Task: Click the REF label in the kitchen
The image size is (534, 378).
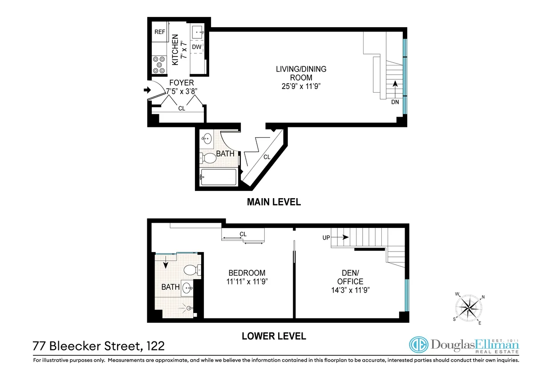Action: click(160, 32)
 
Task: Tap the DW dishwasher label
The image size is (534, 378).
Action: click(197, 47)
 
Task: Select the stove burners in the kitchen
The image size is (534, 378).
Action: click(158, 65)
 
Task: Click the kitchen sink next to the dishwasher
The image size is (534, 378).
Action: click(198, 32)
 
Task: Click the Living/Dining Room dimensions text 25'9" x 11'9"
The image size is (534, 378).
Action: click(301, 86)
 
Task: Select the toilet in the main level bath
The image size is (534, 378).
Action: click(206, 158)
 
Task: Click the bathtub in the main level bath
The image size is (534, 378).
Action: click(217, 178)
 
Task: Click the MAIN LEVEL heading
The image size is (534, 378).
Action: click(274, 202)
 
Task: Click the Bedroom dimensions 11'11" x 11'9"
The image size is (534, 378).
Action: click(247, 282)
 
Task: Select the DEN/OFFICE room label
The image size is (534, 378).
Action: click(350, 277)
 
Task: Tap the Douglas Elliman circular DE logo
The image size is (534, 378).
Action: click(418, 345)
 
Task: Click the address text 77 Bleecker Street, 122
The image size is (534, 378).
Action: click(95, 346)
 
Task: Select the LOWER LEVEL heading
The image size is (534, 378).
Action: click(274, 336)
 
